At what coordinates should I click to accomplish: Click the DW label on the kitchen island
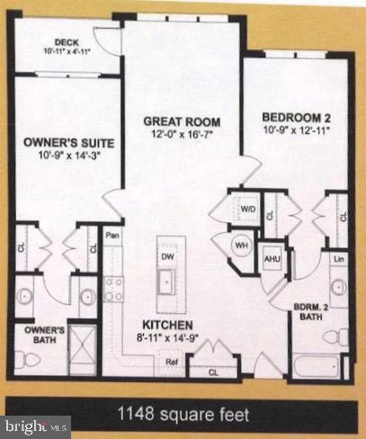[165, 255]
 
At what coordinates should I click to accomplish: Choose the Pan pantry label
[112, 236]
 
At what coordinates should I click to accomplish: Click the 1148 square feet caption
[183, 414]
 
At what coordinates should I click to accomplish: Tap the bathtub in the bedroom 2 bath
[315, 368]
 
